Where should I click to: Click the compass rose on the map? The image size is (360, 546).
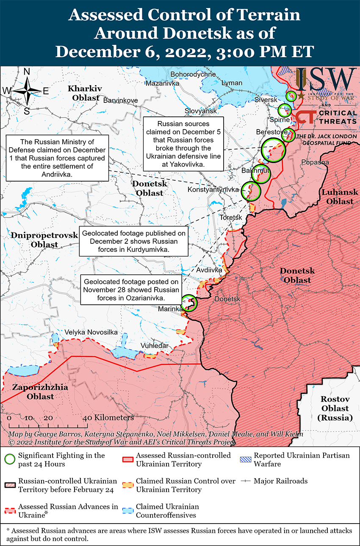[x=26, y=91]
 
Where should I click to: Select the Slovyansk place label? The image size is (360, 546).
[x=201, y=111]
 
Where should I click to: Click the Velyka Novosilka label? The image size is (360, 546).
[x=91, y=332]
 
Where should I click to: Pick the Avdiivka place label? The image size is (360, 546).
[x=209, y=270]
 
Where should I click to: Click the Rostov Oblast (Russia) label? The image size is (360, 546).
[x=335, y=408]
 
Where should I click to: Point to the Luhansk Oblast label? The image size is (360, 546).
[x=337, y=197]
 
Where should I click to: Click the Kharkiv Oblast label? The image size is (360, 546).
[x=85, y=93]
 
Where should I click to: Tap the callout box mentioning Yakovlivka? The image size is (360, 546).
[x=183, y=144]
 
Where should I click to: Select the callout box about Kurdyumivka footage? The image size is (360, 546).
[x=133, y=242]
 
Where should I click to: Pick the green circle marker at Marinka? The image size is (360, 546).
[x=189, y=303]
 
